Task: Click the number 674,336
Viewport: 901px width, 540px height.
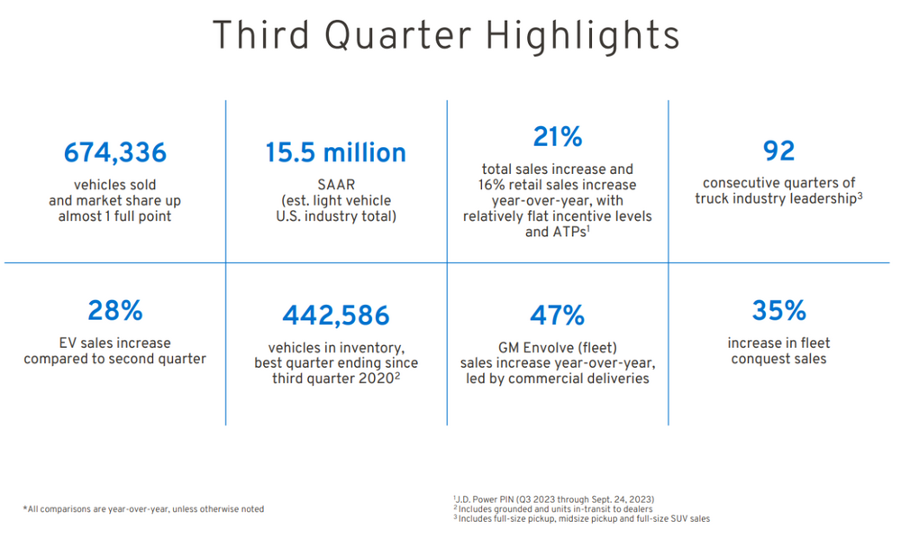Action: pos(114,153)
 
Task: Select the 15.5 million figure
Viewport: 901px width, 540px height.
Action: pos(335,153)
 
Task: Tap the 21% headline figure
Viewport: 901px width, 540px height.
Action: pos(557,137)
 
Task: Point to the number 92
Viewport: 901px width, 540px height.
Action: pos(778,150)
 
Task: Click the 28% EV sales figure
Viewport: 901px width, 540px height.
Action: pos(114,311)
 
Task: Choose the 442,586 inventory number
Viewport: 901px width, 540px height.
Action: pos(335,316)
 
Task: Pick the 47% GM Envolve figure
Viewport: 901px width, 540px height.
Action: pos(557,316)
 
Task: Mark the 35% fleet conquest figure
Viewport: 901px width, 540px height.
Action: pos(778,311)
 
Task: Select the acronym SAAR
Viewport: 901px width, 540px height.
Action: pos(335,185)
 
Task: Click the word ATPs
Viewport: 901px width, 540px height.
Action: pos(543,233)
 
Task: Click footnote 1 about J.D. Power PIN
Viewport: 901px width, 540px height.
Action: pos(553,499)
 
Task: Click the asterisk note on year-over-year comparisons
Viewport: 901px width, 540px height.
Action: pos(143,509)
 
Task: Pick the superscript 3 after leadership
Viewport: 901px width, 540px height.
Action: pos(860,195)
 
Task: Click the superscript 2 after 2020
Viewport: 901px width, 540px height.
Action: pos(397,375)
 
